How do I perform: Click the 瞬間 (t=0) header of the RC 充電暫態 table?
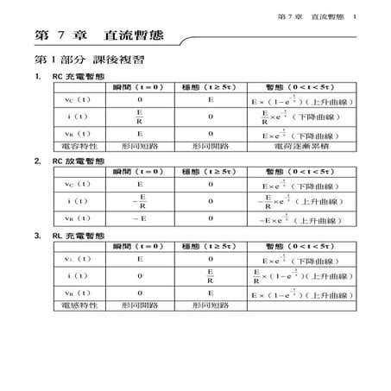tap(140, 89)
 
